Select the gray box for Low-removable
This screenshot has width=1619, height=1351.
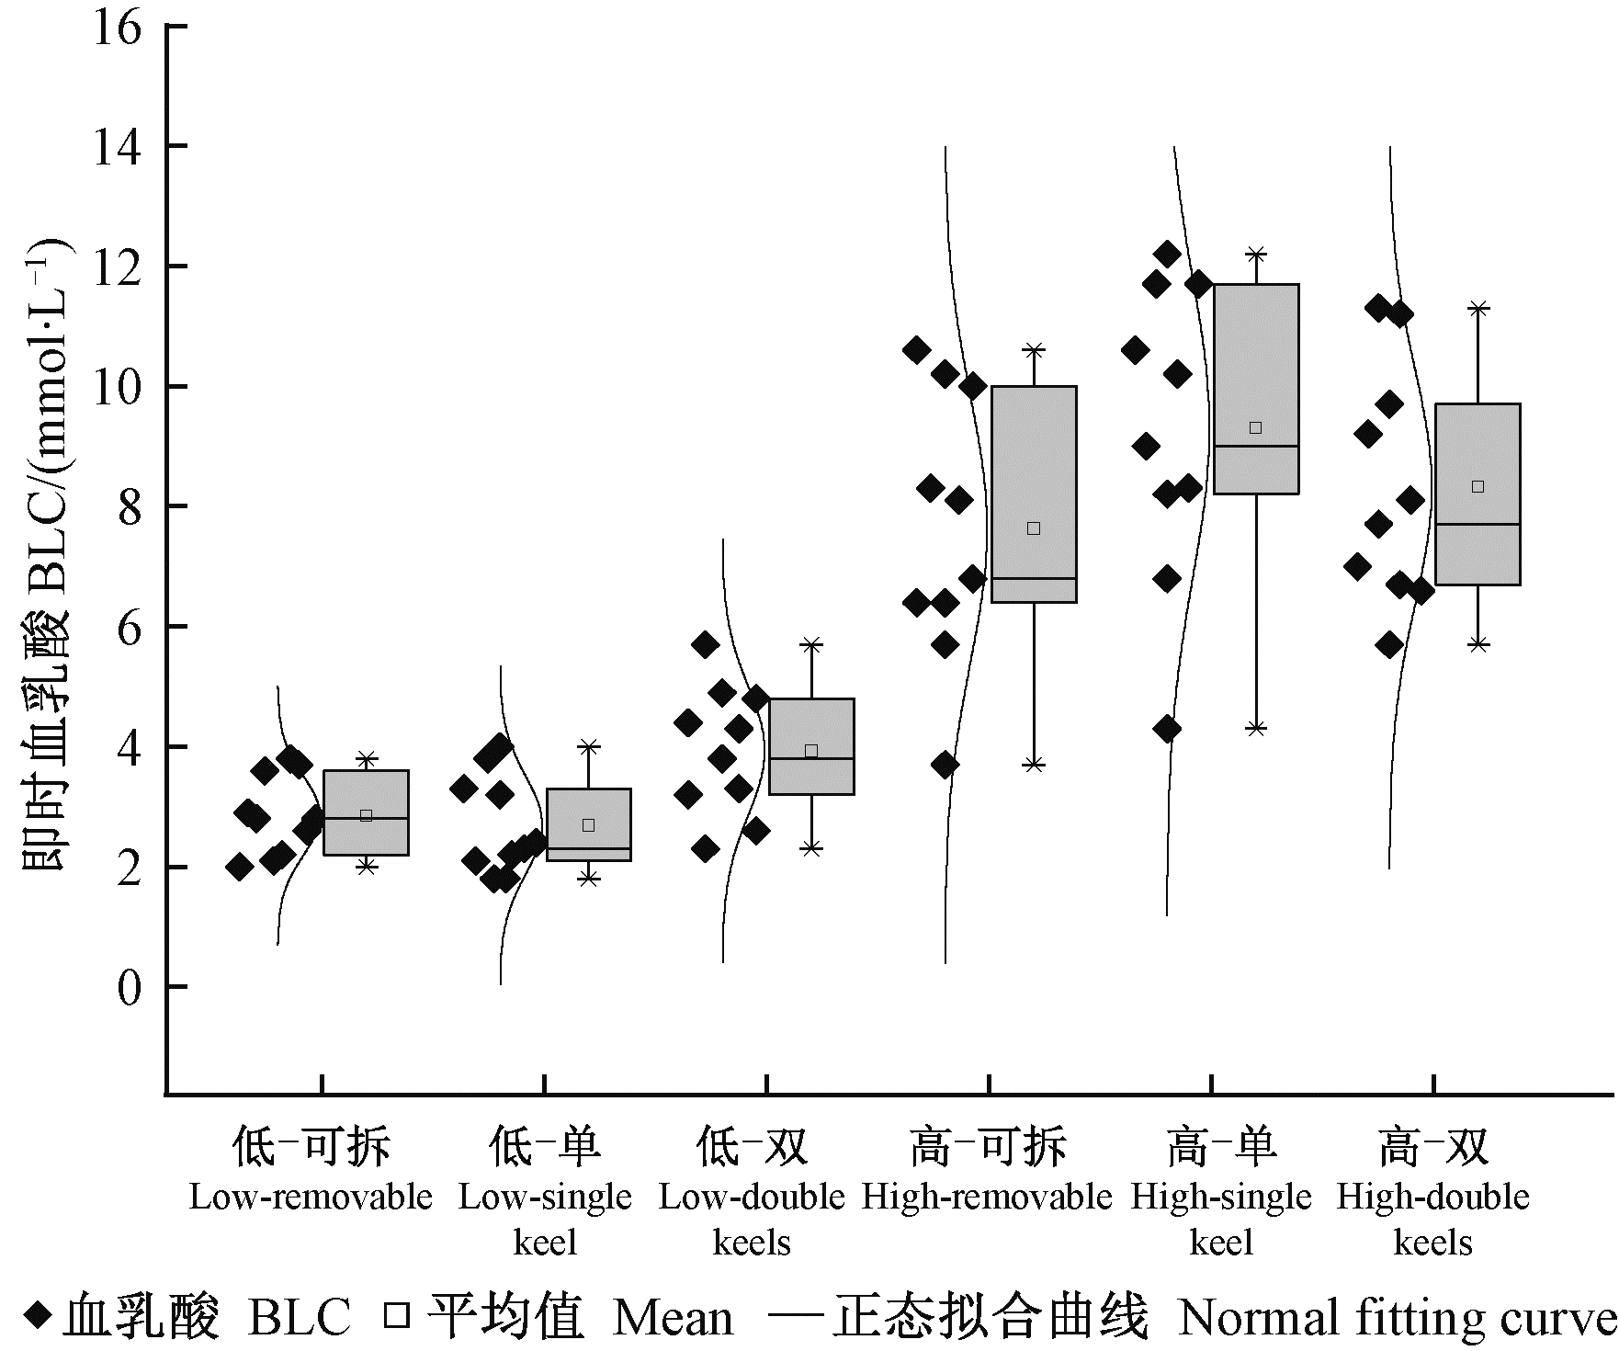pyautogui.click(x=366, y=812)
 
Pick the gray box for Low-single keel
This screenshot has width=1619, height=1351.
pyautogui.click(x=588, y=824)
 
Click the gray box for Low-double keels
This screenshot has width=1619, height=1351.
pyautogui.click(x=811, y=746)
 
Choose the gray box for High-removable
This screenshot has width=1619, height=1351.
pyautogui.click(x=1034, y=494)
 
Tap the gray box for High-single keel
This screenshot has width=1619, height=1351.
pyautogui.click(x=1256, y=389)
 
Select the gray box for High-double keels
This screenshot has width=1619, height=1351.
pyautogui.click(x=1477, y=494)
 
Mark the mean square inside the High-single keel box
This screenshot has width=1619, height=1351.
pyautogui.click(x=1256, y=427)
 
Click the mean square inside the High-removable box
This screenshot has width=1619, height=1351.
pyautogui.click(x=1034, y=528)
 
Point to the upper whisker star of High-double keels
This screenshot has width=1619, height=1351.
pyautogui.click(x=1477, y=308)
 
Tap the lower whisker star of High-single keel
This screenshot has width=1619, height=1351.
pyautogui.click(x=1256, y=728)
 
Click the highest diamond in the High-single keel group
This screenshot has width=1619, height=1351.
pyautogui.click(x=1167, y=253)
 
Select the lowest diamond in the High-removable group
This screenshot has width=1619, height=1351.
pyautogui.click(x=945, y=764)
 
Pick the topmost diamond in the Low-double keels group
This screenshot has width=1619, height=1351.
pyautogui.click(x=705, y=644)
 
